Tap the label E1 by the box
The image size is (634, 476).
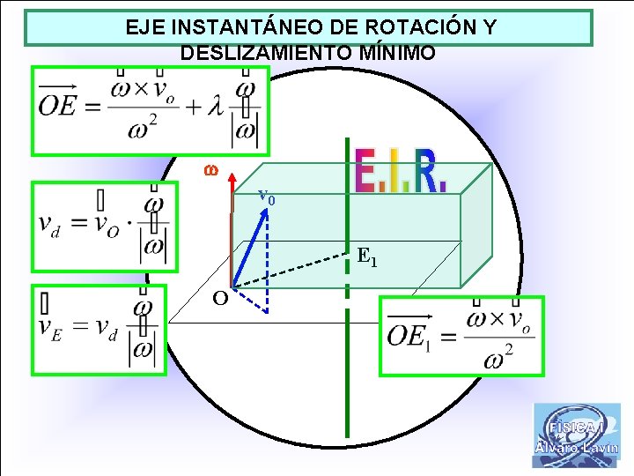pos(367,257)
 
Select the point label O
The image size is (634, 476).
pos(220,297)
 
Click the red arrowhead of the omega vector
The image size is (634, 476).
pos(232,181)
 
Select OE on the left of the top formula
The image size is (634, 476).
pos(59,106)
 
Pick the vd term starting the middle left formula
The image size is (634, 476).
pos(52,224)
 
